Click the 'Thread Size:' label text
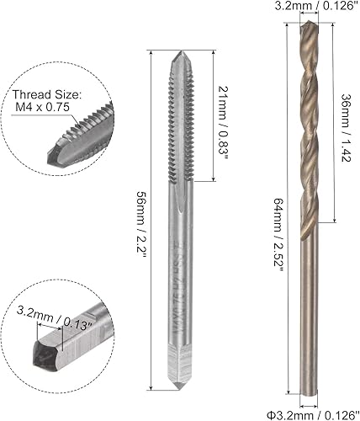[x=45, y=95]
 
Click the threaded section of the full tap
[x=184, y=126]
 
